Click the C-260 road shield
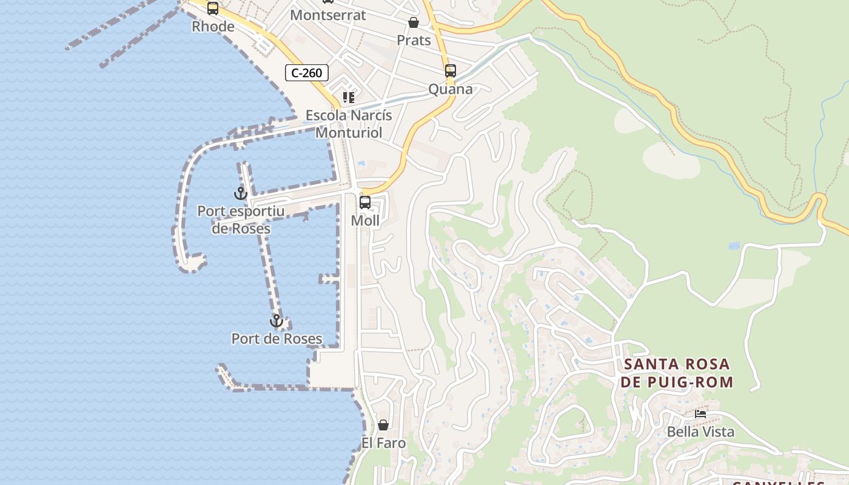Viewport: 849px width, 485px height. click(x=307, y=73)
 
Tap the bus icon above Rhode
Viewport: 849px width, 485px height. click(x=212, y=8)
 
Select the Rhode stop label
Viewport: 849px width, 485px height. click(x=213, y=27)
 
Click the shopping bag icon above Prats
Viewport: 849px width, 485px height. click(x=414, y=23)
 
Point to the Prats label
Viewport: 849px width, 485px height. click(x=414, y=41)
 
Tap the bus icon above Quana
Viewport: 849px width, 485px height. click(x=450, y=71)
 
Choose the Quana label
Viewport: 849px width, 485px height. click(x=450, y=89)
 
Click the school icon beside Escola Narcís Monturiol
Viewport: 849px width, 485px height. click(x=349, y=97)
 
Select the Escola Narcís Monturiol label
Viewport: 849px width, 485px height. click(x=349, y=124)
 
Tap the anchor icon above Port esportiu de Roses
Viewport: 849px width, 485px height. click(x=241, y=193)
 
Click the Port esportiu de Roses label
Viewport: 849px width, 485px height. click(x=241, y=220)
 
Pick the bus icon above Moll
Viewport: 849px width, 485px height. click(x=365, y=202)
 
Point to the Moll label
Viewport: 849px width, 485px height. click(x=365, y=221)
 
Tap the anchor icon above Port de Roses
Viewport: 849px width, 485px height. click(x=277, y=321)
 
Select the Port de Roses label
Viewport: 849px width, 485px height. click(x=277, y=339)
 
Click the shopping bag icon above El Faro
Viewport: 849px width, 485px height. click(x=383, y=425)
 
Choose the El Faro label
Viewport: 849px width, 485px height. click(x=383, y=443)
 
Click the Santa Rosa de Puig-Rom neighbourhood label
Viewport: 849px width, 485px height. click(x=677, y=373)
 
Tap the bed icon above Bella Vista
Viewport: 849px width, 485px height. click(x=700, y=414)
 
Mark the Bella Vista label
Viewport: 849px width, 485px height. click(x=700, y=432)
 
